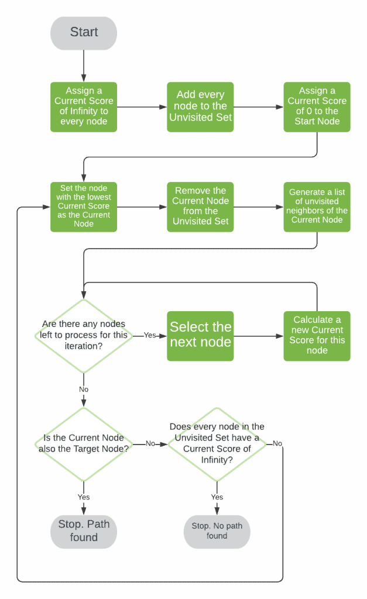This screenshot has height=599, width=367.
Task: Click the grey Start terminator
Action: [84, 33]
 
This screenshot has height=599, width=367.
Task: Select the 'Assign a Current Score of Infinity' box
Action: [84, 106]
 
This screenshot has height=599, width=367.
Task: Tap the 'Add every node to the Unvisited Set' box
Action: [201, 106]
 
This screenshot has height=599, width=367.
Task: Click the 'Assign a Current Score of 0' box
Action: [317, 106]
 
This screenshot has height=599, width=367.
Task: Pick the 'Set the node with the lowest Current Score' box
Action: [84, 206]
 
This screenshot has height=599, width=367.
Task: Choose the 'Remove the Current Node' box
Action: [201, 206]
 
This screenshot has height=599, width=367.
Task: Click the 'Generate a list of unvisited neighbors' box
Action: [317, 206]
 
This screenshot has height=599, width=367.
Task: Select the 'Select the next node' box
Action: [201, 335]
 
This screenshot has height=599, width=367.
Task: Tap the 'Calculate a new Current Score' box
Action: [317, 335]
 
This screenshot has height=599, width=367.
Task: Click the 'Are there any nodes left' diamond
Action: [84, 336]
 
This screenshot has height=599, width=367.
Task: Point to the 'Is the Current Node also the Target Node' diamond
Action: [84, 444]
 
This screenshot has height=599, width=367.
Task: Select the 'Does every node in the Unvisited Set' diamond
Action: [217, 444]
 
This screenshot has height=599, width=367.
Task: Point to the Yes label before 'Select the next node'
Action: [151, 336]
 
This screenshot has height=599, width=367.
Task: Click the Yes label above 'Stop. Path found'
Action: [84, 497]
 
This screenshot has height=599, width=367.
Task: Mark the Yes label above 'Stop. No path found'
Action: [217, 497]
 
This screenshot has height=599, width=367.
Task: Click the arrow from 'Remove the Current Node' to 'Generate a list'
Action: [259, 206]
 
